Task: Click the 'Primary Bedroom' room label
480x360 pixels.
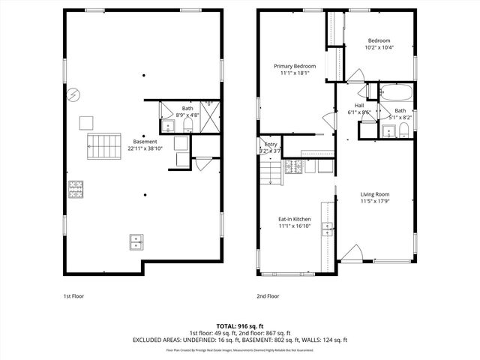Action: tap(294, 66)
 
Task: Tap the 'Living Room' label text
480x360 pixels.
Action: tap(376, 194)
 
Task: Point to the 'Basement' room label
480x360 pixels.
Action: tap(145, 141)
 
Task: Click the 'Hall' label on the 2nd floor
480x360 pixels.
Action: tap(359, 106)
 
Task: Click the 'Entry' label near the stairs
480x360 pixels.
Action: tap(271, 145)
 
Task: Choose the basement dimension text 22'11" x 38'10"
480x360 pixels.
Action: tap(145, 148)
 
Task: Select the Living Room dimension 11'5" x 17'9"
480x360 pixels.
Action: tap(376, 202)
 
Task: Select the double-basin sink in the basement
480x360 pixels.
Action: tap(136, 241)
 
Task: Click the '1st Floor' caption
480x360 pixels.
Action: tap(73, 296)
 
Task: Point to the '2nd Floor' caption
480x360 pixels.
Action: tap(268, 296)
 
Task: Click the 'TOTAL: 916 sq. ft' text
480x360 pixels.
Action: tap(240, 326)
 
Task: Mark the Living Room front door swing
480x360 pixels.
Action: tap(352, 253)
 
